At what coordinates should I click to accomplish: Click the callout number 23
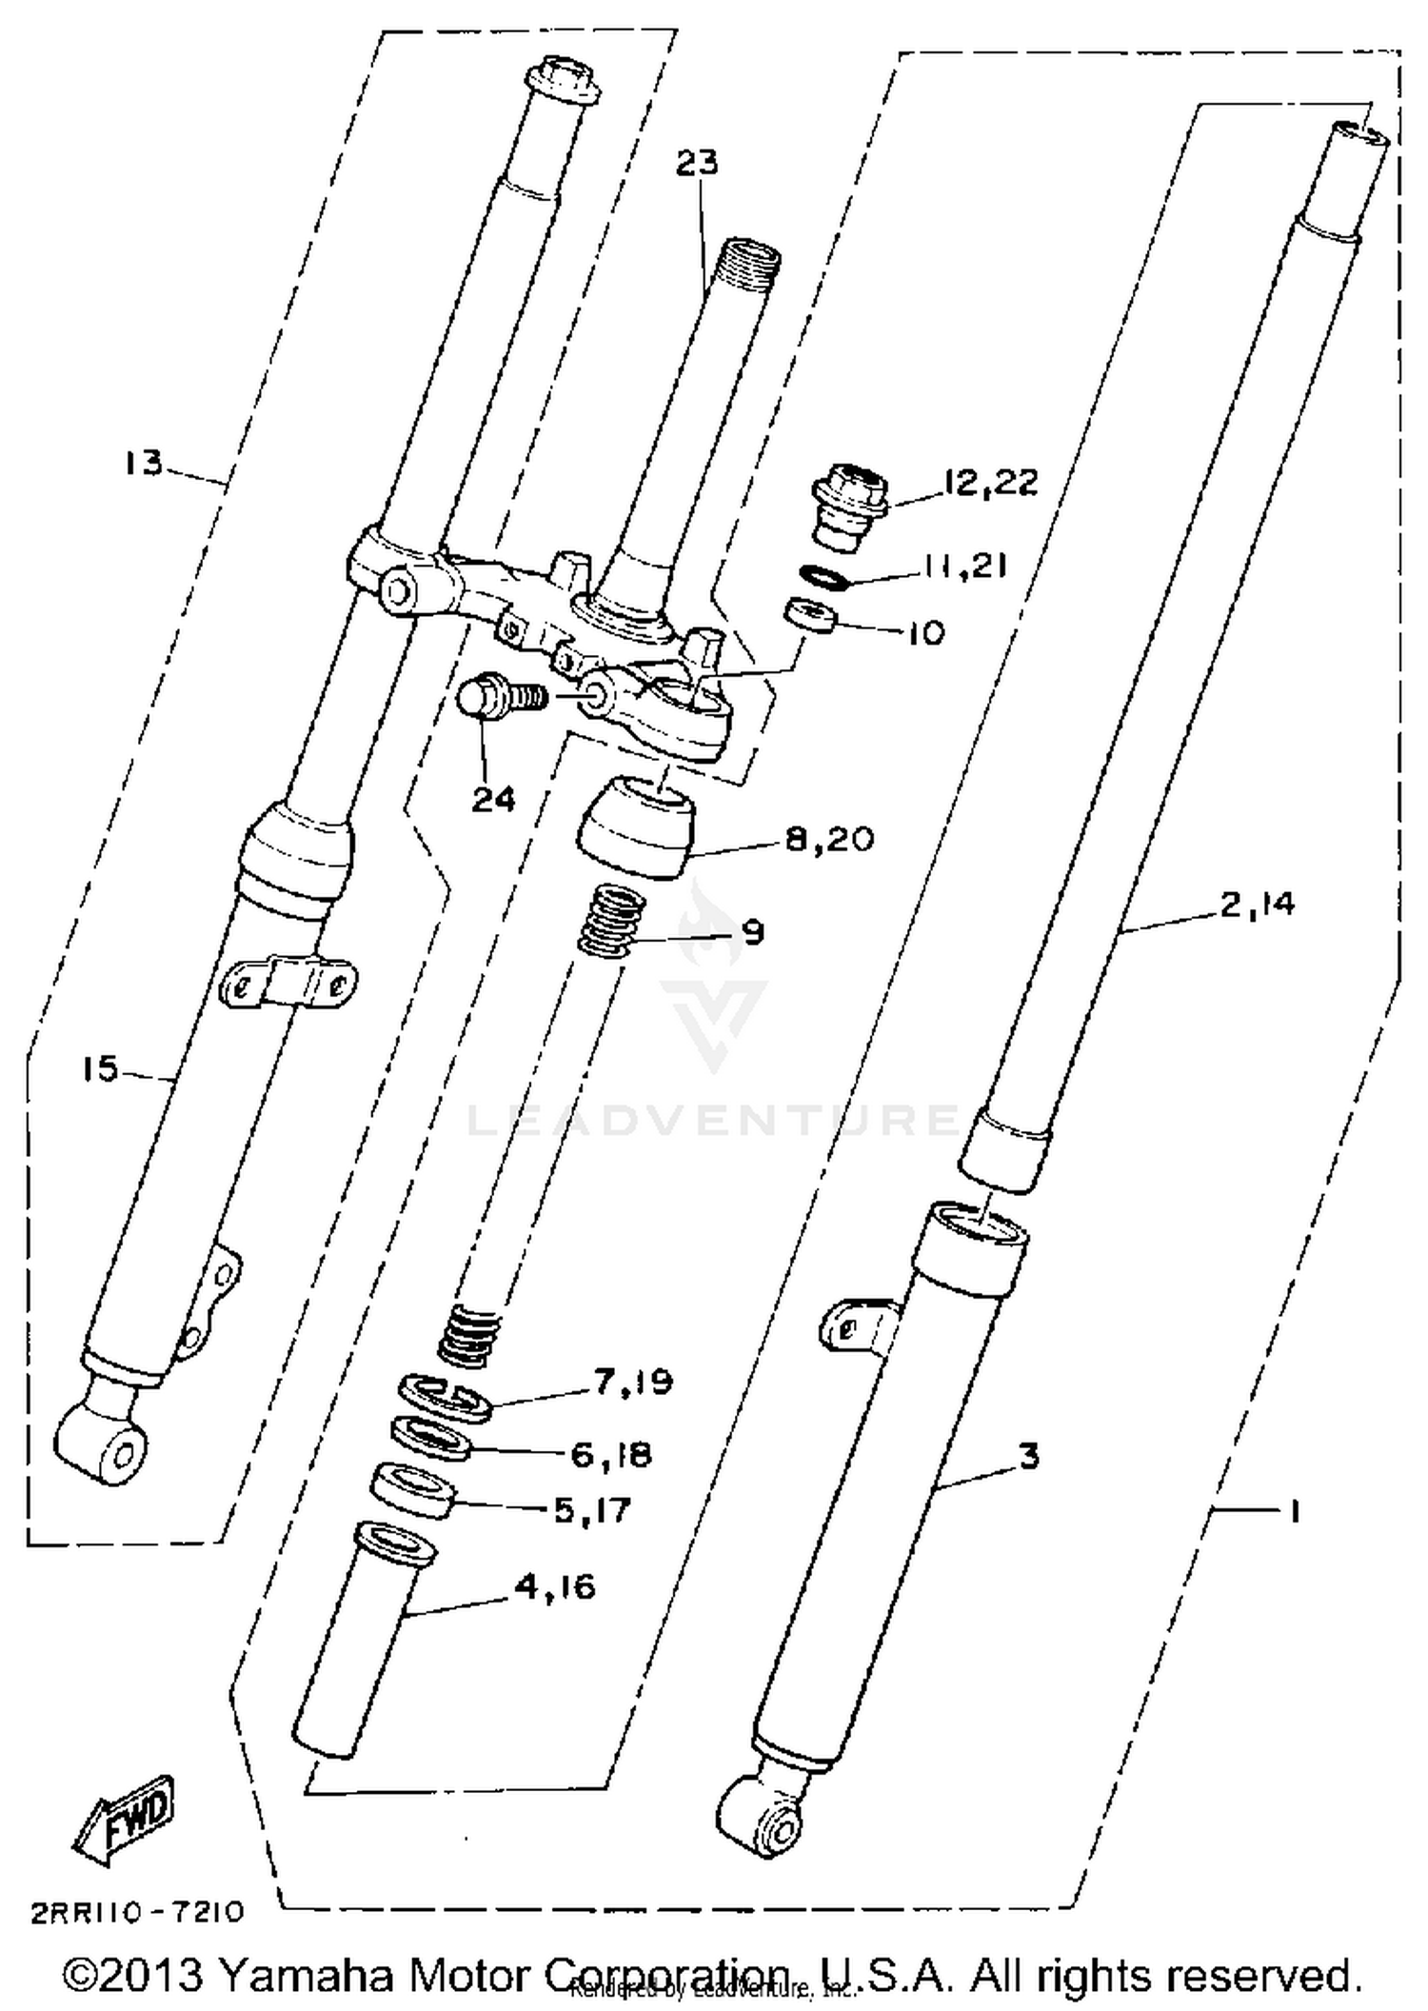point(697,163)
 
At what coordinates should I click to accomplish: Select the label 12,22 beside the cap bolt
point(990,483)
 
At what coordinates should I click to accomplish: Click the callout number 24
point(493,798)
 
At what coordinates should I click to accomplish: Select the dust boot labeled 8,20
point(636,826)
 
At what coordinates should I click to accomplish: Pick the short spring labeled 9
point(613,919)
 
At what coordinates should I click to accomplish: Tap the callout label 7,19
point(633,1383)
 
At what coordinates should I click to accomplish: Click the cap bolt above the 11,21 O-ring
point(851,507)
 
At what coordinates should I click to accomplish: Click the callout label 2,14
point(1257,904)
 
